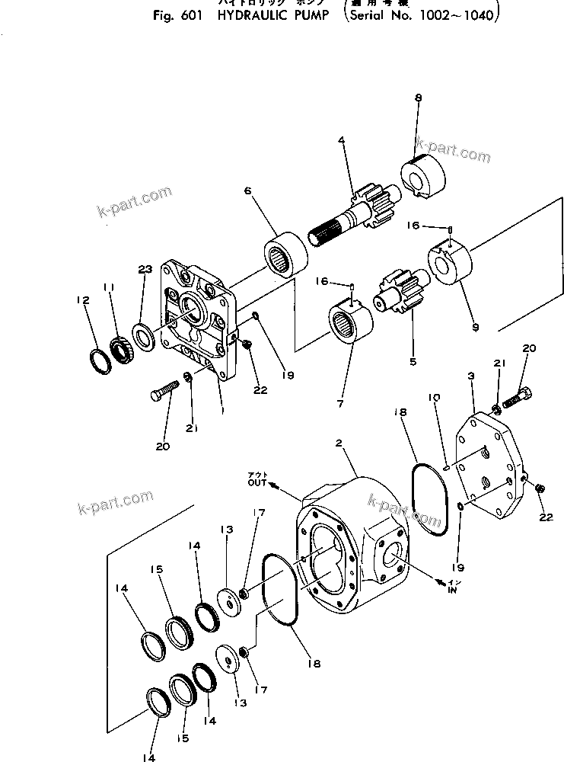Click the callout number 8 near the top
click(x=417, y=98)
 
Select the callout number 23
click(x=145, y=269)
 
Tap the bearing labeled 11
click(x=122, y=352)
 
